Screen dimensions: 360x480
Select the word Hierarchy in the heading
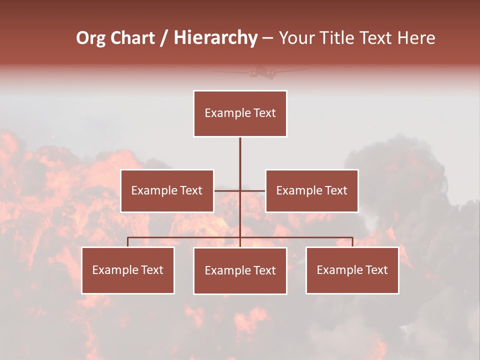[x=215, y=38]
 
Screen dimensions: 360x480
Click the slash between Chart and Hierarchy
[x=164, y=38]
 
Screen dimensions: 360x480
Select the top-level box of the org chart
[x=240, y=113]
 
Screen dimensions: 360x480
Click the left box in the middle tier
[x=167, y=190]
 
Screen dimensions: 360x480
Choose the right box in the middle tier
[x=311, y=190]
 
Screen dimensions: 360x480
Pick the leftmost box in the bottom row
[x=128, y=270]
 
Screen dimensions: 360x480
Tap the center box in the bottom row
[x=240, y=270]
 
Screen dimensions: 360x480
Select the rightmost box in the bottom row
[x=352, y=270]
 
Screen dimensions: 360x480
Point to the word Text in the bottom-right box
[x=376, y=270]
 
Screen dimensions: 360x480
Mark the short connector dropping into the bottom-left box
[x=128, y=242]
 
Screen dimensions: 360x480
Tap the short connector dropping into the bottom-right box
[x=352, y=242]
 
